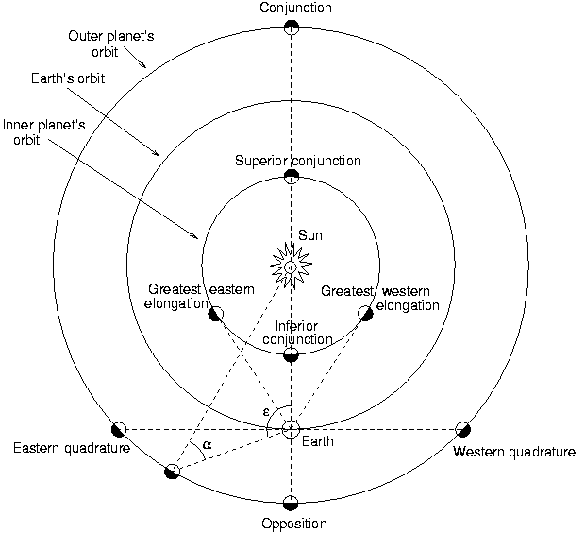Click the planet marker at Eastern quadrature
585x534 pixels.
[x=119, y=429]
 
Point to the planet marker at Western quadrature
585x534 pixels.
[x=463, y=429]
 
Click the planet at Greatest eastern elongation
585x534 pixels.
[x=215, y=313]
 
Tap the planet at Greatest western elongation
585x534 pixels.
[x=366, y=313]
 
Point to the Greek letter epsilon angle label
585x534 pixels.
[x=268, y=411]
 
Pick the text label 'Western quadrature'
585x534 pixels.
[x=513, y=452]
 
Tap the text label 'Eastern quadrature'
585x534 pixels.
[x=71, y=448]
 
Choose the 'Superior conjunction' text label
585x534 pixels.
[x=297, y=161]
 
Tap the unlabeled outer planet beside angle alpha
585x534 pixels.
[x=172, y=471]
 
